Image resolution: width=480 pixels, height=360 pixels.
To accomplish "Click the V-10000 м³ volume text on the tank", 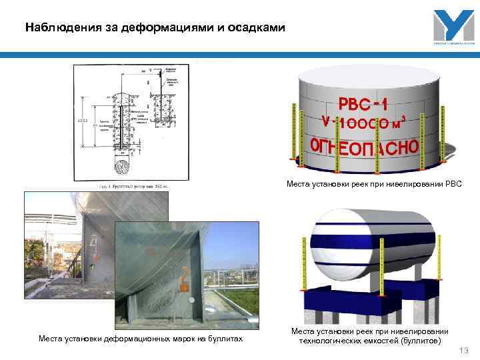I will [x=363, y=123].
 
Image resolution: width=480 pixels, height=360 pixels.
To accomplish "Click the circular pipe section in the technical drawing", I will [x=125, y=165].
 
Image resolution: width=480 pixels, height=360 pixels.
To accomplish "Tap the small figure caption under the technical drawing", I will [x=133, y=186].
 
